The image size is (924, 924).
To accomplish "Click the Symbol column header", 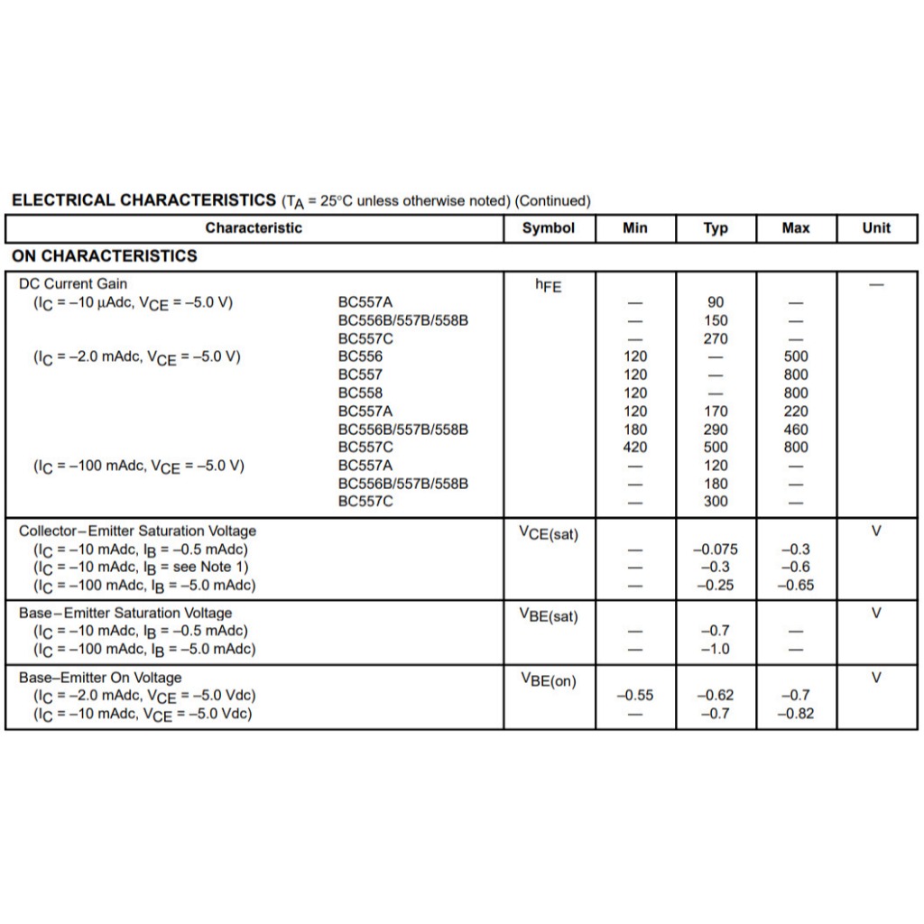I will pyautogui.click(x=549, y=228).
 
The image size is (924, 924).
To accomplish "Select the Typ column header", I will pyautogui.click(x=716, y=228).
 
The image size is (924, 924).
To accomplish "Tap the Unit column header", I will pyautogui.click(x=875, y=228).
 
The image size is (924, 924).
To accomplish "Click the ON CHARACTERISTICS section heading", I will pyautogui.click(x=105, y=256).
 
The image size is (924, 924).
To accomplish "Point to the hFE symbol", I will pyautogui.click(x=548, y=285).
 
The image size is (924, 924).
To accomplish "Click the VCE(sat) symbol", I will pyautogui.click(x=549, y=533).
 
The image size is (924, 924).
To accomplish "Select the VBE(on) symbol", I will pyautogui.click(x=549, y=680).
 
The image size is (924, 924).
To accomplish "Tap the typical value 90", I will pyautogui.click(x=716, y=302).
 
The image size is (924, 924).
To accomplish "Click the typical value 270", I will pyautogui.click(x=716, y=338).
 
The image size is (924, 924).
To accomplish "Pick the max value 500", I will pyautogui.click(x=796, y=356).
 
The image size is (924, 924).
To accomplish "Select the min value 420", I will pyautogui.click(x=635, y=448).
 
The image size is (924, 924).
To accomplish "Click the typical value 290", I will pyautogui.click(x=716, y=430).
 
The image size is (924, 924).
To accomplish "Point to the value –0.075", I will pyautogui.click(x=716, y=550).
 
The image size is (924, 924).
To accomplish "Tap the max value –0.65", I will pyautogui.click(x=796, y=586).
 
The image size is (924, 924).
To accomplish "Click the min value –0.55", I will pyautogui.click(x=635, y=696).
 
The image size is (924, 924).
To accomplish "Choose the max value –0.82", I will pyautogui.click(x=796, y=714).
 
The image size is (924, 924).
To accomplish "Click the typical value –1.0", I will pyautogui.click(x=716, y=649).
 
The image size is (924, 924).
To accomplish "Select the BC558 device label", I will pyautogui.click(x=360, y=393).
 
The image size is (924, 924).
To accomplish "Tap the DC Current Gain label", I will pyautogui.click(x=73, y=283).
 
